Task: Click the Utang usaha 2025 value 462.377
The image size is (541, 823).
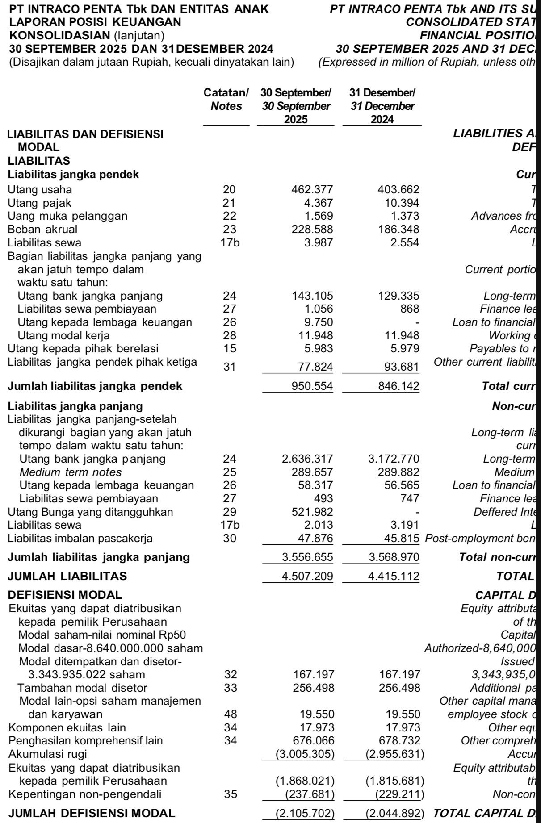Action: coord(312,190)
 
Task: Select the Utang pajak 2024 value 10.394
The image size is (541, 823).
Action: coord(398,203)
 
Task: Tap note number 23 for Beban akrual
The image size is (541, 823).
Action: coord(229,230)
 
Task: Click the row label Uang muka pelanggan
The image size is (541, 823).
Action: coord(67,216)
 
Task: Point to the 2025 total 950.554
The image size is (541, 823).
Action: coord(312,386)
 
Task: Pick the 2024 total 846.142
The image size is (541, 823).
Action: coord(398,386)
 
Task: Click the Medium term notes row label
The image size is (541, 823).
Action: coord(71,472)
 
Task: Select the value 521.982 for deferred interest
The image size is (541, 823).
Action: coord(312,512)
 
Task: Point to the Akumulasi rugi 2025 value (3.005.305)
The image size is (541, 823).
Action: coord(305,754)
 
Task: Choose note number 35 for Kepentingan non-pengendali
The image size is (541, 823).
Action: coord(231,794)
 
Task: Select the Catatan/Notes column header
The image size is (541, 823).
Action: coord(226,100)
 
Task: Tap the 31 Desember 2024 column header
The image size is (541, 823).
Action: coord(382,106)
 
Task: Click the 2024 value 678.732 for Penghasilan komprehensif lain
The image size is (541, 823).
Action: coord(399,741)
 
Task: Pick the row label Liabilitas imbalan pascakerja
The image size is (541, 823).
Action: coord(80,539)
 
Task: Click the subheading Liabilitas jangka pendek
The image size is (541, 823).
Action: coord(73,175)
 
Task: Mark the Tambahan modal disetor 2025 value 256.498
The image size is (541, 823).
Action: coord(313,688)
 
